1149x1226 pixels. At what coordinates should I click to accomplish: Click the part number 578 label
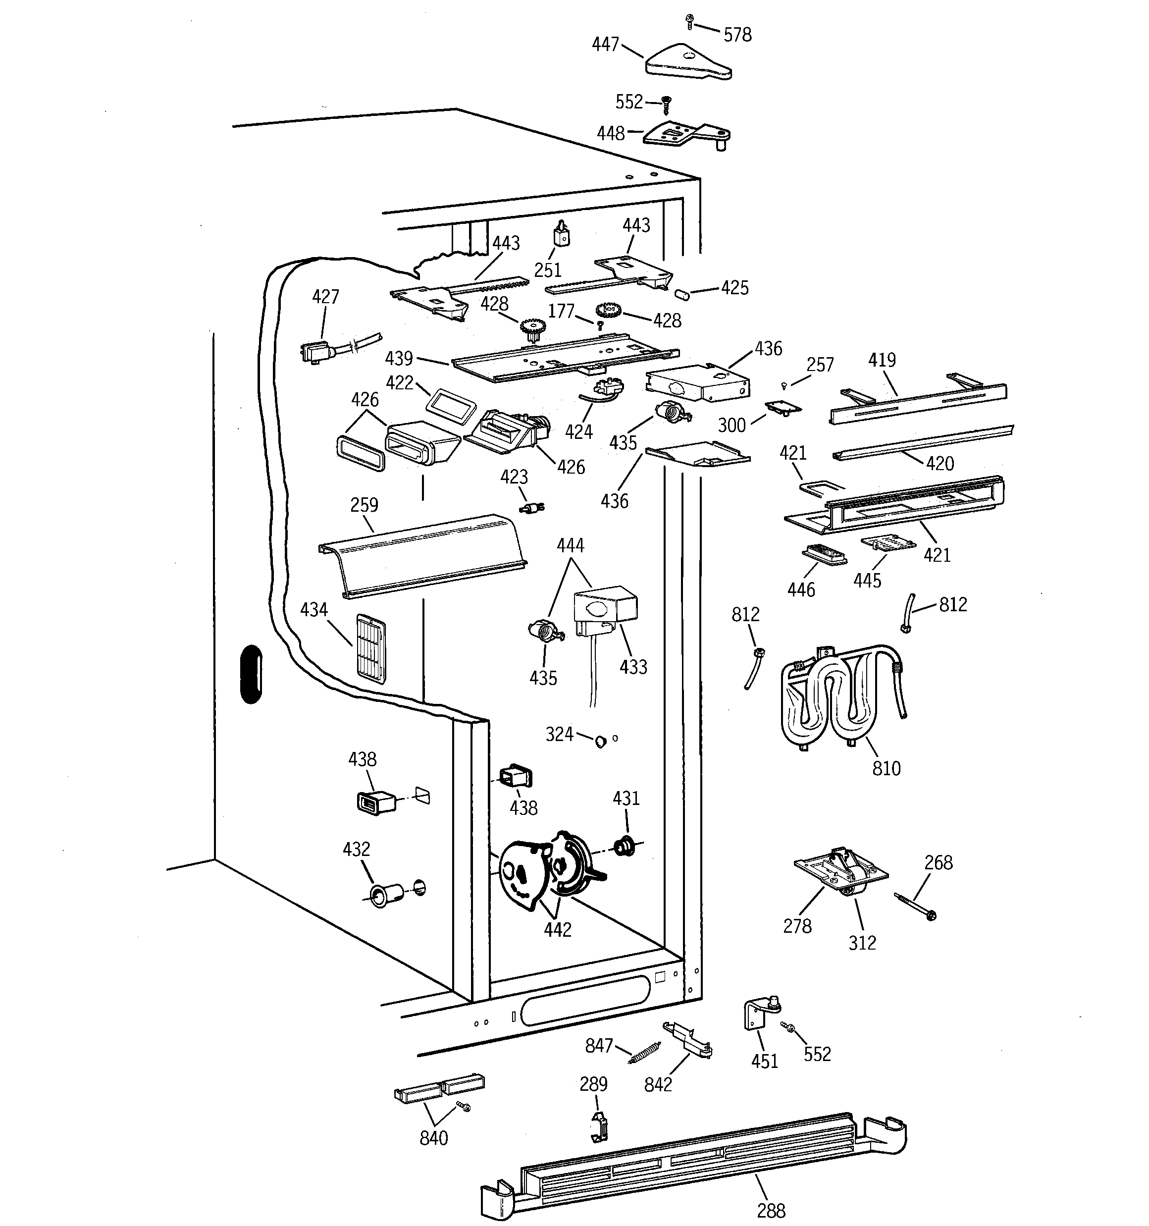pyautogui.click(x=737, y=35)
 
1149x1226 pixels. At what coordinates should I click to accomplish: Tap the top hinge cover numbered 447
pyautogui.click(x=686, y=61)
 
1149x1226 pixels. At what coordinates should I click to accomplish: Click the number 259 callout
pyautogui.click(x=364, y=505)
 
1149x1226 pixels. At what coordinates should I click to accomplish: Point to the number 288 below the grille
pyautogui.click(x=771, y=1210)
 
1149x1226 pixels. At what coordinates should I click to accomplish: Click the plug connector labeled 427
pyautogui.click(x=316, y=353)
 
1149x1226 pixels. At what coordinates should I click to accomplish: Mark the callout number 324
pyautogui.click(x=559, y=734)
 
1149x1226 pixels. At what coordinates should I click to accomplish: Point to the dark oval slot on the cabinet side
pyautogui.click(x=251, y=674)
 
